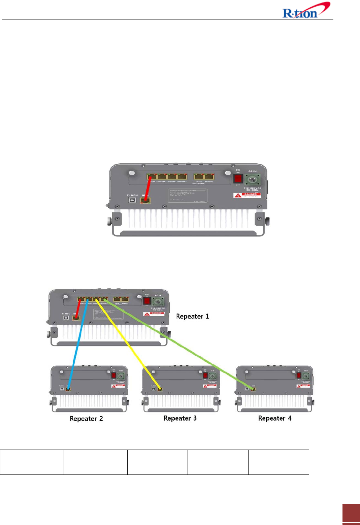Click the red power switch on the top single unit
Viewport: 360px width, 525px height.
coord(238,178)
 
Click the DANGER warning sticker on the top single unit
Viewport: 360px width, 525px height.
coord(247,195)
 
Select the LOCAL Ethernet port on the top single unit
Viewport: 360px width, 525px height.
coord(199,176)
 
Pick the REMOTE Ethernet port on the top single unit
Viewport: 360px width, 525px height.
coord(209,176)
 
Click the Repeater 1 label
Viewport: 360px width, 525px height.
coord(193,317)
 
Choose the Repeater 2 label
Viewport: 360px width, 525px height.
coord(86,419)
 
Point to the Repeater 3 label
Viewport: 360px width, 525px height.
coord(180,418)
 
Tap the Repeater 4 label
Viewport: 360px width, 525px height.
coord(274,418)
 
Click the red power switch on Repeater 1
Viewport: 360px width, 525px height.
coord(147,300)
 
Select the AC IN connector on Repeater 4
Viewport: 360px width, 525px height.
coord(305,376)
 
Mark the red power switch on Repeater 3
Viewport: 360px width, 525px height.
coord(205,375)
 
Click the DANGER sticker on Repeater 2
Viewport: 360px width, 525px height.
coord(118,386)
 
